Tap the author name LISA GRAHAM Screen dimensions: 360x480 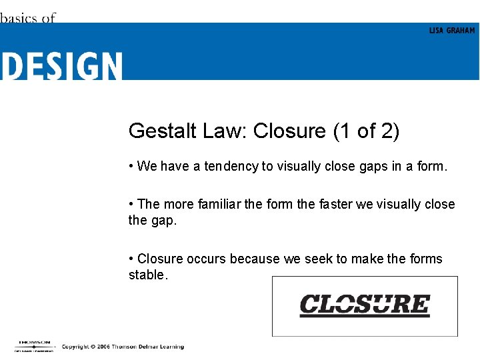pyautogui.click(x=451, y=31)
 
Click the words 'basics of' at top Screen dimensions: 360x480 pyautogui.click(x=28, y=18)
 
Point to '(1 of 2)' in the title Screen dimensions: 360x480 pyautogui.click(x=365, y=131)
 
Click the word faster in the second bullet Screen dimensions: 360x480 pyautogui.click(x=335, y=204)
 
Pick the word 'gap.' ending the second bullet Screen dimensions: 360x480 pyautogui.click(x=164, y=220)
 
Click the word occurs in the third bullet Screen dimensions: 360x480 pyautogui.click(x=207, y=259)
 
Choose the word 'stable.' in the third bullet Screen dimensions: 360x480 pyautogui.click(x=148, y=275)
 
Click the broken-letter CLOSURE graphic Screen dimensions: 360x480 pyautogui.click(x=365, y=305)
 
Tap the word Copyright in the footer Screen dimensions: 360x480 pyautogui.click(x=75, y=347)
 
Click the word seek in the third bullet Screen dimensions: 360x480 pyautogui.click(x=317, y=259)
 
